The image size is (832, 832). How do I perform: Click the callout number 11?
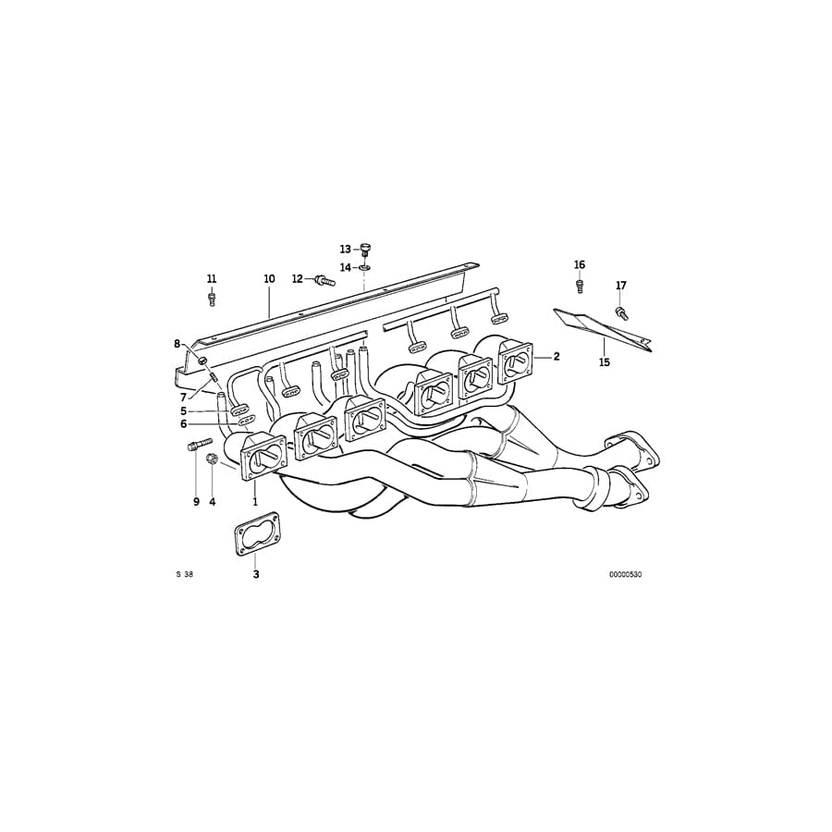212,278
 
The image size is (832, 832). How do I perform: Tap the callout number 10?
269,278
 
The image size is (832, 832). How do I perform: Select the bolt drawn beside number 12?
324,280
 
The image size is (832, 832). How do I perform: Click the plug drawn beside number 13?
364,249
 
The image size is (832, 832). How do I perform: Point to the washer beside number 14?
365,267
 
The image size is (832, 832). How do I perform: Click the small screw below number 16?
580,285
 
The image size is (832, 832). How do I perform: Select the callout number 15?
604,362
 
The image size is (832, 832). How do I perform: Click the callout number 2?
557,356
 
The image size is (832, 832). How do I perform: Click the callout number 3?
256,574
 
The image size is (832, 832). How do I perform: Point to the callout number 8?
177,344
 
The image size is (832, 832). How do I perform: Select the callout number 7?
183,398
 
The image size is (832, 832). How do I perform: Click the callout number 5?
183,410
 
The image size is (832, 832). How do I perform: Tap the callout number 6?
183,423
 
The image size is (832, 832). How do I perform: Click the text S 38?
184,574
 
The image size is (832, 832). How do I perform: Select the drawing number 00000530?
625,574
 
